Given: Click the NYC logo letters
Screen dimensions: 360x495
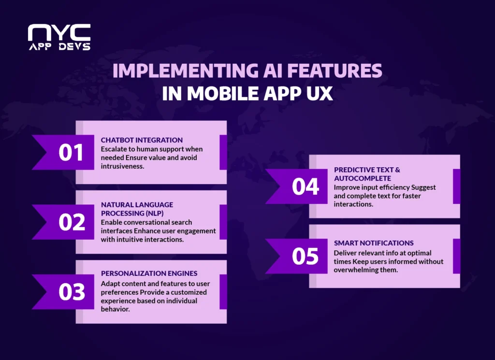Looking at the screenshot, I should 58,32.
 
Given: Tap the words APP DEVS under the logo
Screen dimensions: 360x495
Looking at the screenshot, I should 58,47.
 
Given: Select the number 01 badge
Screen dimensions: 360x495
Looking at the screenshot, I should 71,152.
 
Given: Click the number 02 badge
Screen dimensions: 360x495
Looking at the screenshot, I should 72,222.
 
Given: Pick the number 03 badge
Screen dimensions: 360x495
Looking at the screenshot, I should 72,292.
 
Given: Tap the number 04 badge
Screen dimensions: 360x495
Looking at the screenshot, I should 305,187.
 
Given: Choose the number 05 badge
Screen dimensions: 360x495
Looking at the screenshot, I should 305,256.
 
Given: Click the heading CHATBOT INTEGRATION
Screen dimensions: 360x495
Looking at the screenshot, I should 142,140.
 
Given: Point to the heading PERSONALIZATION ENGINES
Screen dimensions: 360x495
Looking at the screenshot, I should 149,273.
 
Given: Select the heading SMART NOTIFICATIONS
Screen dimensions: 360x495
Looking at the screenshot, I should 374,243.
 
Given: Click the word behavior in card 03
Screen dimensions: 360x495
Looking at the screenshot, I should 115,309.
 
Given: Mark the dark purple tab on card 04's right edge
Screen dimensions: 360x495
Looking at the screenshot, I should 456,187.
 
